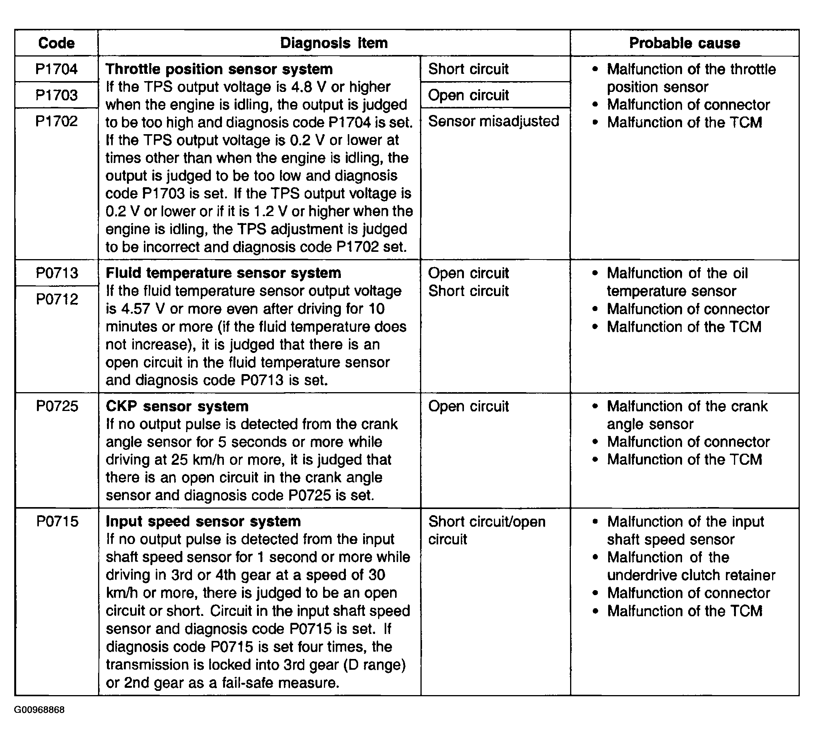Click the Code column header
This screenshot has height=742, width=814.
tap(56, 43)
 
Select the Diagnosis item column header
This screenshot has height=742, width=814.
tap(334, 43)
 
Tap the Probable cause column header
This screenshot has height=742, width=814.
tap(684, 43)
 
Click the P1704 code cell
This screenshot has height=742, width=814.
tap(56, 69)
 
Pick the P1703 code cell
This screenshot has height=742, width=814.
tap(56, 95)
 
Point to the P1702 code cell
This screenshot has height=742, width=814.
tap(56, 121)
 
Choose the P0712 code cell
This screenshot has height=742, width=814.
tap(57, 299)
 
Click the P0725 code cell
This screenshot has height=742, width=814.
tap(57, 406)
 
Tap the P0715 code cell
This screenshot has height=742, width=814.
tap(57, 521)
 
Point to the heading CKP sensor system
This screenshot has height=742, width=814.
tap(177, 406)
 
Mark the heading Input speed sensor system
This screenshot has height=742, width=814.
tap(203, 521)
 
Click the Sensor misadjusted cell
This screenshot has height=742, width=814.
tap(494, 121)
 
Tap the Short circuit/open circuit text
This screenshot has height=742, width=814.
tap(487, 530)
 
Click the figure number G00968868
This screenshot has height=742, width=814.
tap(39, 721)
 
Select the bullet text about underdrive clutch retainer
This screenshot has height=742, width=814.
tap(691, 566)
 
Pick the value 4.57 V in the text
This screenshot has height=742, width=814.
tap(136, 309)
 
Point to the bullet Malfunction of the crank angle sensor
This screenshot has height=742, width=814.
tap(686, 415)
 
